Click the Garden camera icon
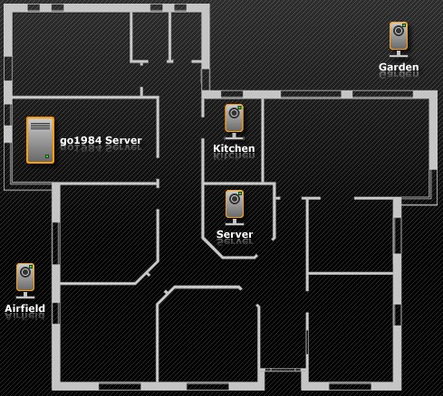399,39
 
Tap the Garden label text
399,67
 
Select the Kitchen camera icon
234,121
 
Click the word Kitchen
234,148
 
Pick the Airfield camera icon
25,280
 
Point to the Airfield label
25,308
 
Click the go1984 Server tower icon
40,140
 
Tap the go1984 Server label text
101,140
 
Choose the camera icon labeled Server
235,207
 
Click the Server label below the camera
235,234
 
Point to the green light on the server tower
47,156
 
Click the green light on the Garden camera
404,25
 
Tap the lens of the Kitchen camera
234,113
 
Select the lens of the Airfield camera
25,272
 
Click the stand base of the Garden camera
399,54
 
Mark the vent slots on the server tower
40,126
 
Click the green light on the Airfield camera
31,267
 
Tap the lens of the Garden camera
399,31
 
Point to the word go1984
81,141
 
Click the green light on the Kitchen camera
240,108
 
